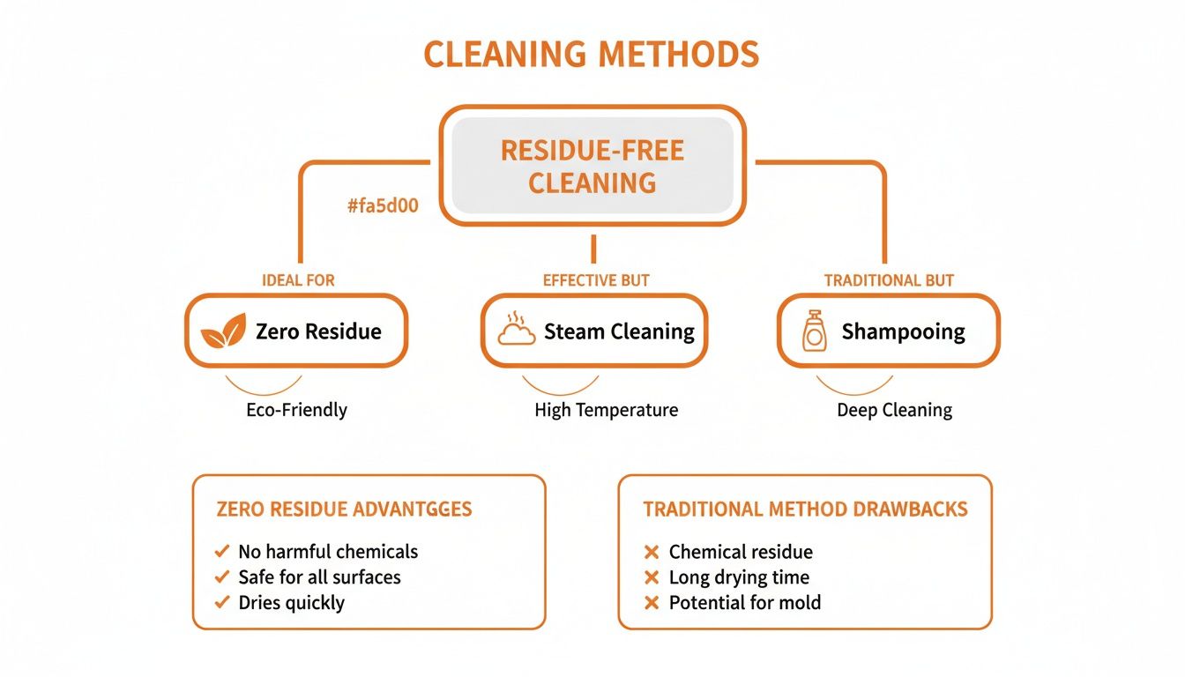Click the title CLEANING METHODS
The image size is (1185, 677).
(x=592, y=55)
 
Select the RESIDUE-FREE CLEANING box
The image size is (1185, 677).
(x=592, y=166)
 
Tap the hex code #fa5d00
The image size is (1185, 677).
(x=383, y=207)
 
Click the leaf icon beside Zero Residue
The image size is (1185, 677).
(x=223, y=332)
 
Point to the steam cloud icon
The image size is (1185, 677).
(x=517, y=331)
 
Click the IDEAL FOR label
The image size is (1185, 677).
(x=298, y=280)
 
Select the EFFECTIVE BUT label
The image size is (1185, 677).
(x=596, y=280)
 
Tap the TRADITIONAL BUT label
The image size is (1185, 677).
(x=889, y=280)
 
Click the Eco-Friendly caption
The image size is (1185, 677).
(x=296, y=410)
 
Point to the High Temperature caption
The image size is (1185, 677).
(x=606, y=410)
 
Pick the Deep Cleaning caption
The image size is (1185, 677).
(x=894, y=410)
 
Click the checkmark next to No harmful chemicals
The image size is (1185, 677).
(x=222, y=552)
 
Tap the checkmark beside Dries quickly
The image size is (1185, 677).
(x=222, y=603)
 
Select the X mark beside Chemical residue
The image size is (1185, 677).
(x=652, y=553)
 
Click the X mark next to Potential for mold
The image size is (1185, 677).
(x=652, y=604)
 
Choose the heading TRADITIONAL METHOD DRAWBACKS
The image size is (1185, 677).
(x=805, y=510)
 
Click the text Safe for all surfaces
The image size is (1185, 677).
(x=319, y=577)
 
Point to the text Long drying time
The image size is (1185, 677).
(x=739, y=577)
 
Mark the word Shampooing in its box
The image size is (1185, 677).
(x=903, y=332)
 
